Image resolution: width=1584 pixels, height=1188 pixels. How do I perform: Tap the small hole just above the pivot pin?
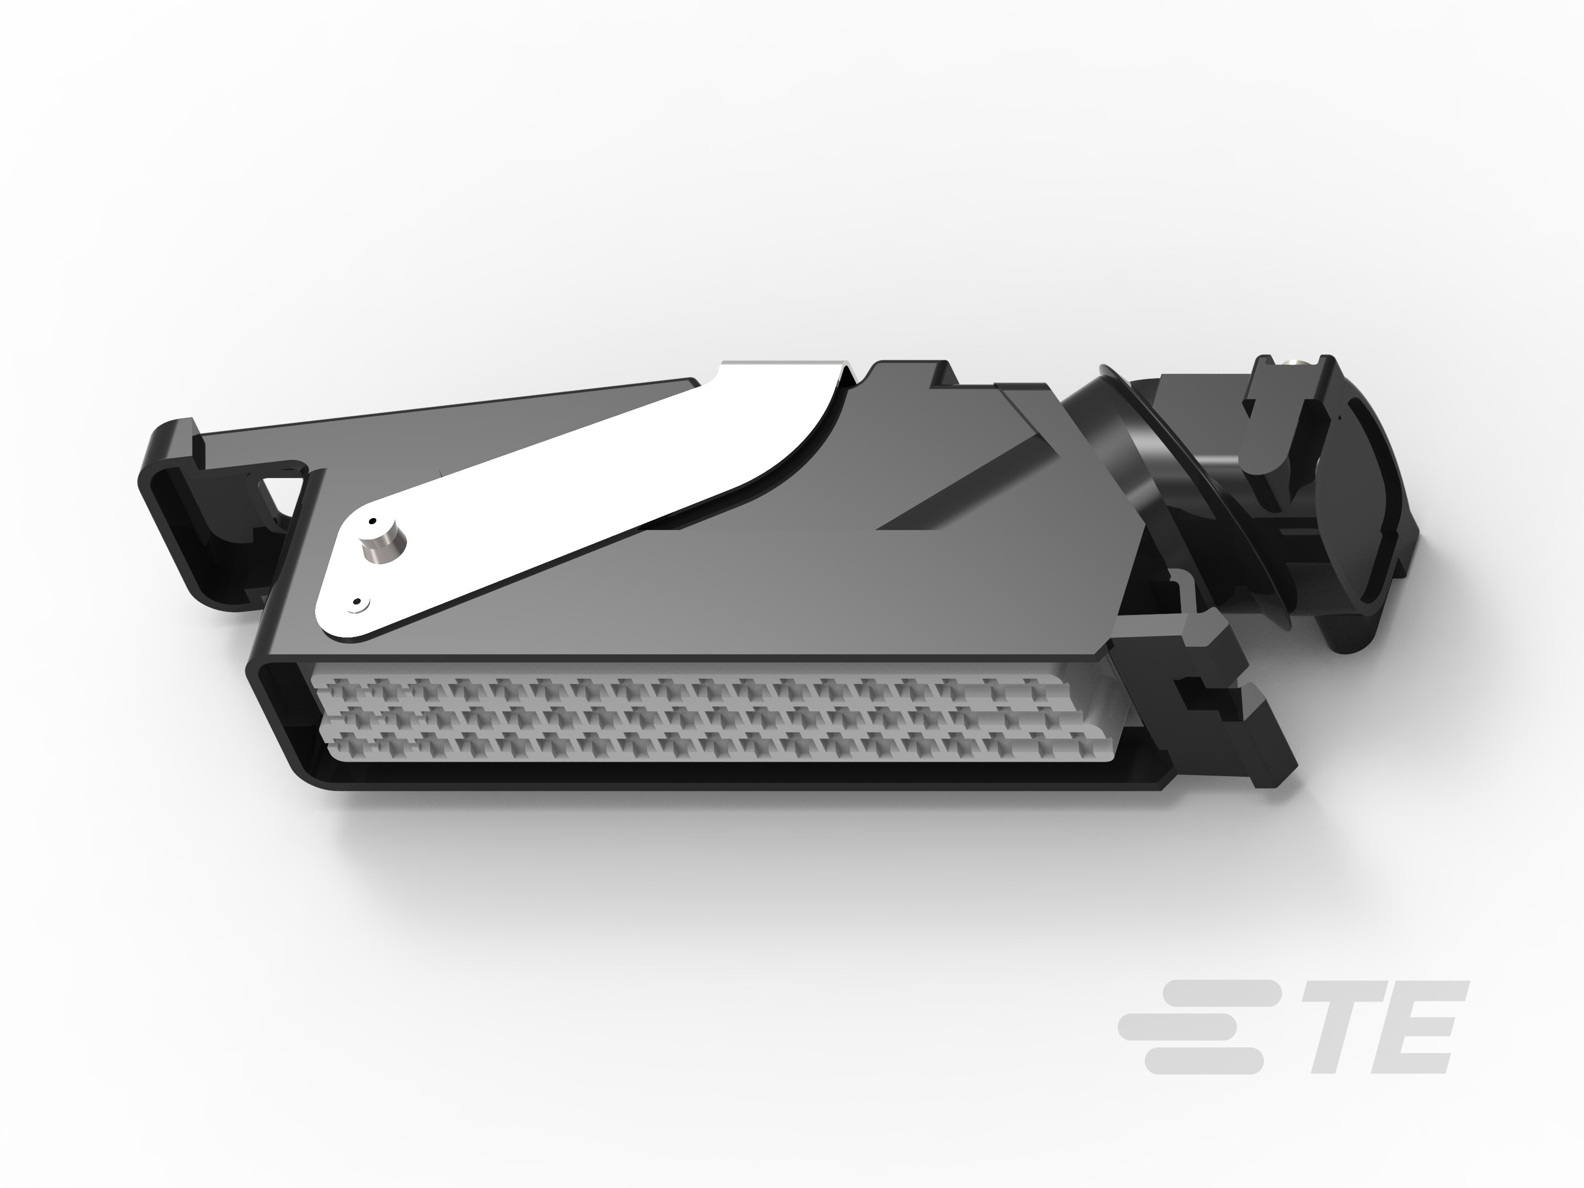372,521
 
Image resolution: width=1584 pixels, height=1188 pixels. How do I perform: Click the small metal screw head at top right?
1297,364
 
